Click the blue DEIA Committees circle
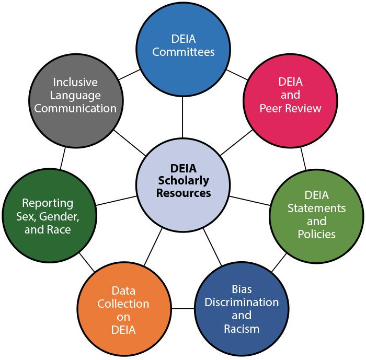pyautogui.click(x=182, y=45)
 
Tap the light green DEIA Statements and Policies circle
pyautogui.click(x=316, y=214)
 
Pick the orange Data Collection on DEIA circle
pyautogui.click(x=123, y=310)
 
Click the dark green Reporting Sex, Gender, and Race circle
pyautogui.click(x=48, y=215)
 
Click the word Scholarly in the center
pyautogui.click(x=182, y=181)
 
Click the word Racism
pyautogui.click(x=241, y=329)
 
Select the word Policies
pyautogui.click(x=316, y=234)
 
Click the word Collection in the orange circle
pyautogui.click(x=123, y=304)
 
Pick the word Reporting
pyautogui.click(x=48, y=203)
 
